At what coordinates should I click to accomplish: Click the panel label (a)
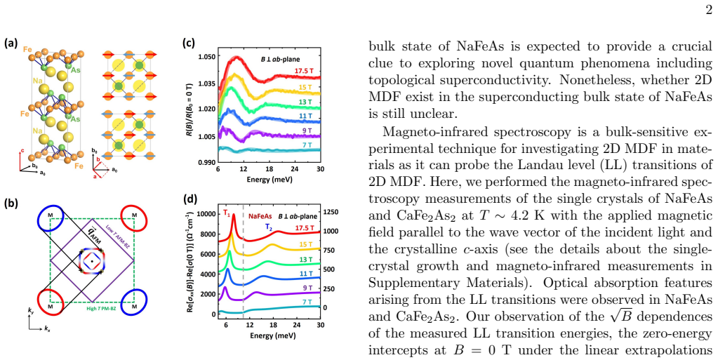11,44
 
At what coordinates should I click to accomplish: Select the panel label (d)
190,200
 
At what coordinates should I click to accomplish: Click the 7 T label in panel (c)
306,145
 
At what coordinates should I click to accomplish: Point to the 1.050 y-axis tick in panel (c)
206,57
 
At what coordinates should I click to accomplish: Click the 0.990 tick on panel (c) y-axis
206,162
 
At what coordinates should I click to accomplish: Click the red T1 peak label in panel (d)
227,213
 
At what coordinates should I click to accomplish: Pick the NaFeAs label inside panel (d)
260,215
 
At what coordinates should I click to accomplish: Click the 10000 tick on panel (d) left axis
206,214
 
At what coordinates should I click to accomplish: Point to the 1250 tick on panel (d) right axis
331,212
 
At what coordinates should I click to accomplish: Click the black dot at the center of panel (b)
92,262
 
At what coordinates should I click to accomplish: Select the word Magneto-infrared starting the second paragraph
429,133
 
